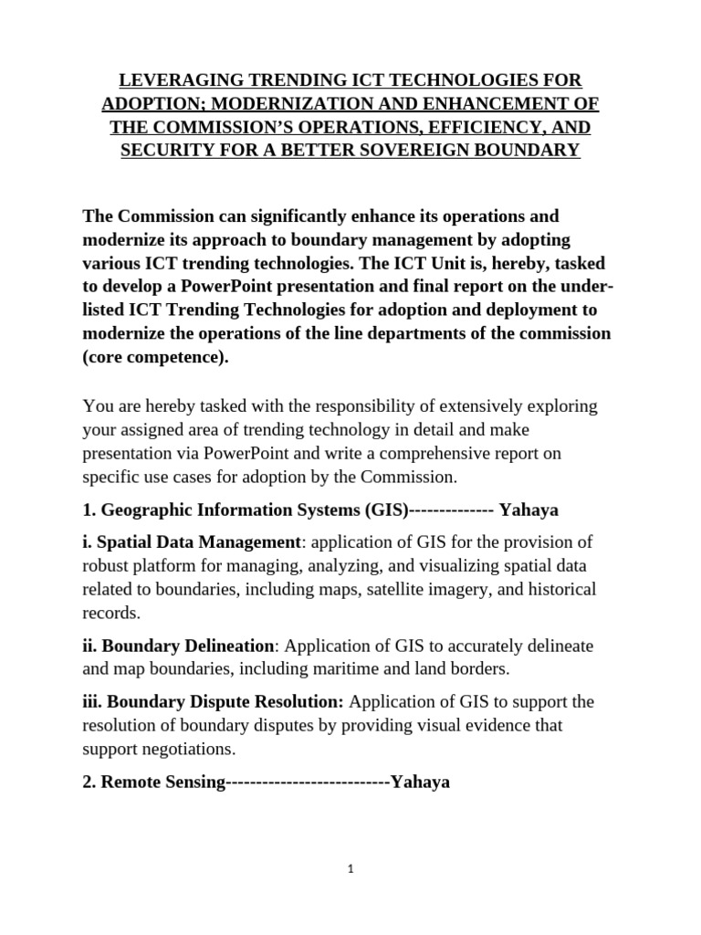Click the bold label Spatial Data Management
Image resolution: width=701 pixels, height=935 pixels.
198,542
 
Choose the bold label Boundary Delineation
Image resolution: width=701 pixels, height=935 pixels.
188,646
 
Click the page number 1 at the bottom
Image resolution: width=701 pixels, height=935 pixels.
350,869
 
